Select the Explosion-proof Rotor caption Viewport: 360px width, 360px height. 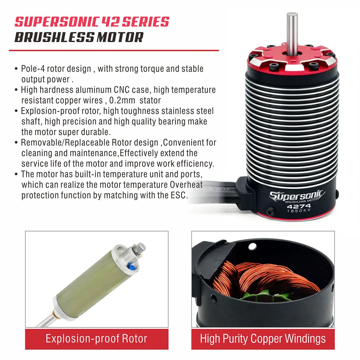(x=96, y=338)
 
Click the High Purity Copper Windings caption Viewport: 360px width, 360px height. (x=263, y=338)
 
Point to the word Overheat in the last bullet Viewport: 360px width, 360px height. (x=185, y=185)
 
